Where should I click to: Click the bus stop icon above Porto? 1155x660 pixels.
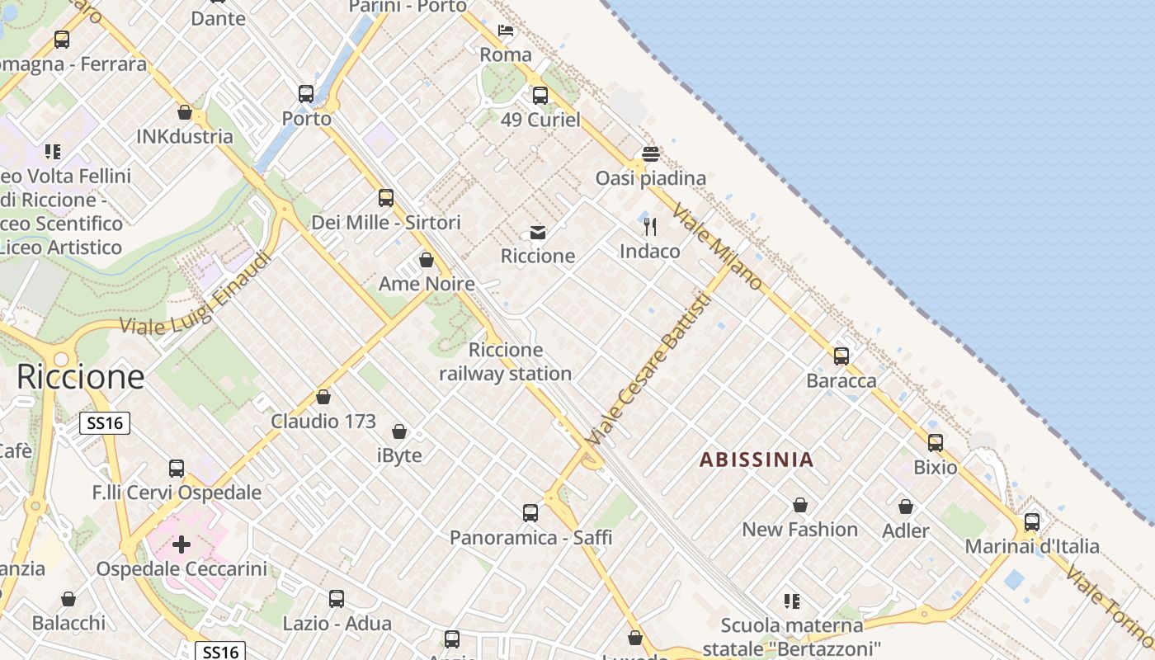click(306, 94)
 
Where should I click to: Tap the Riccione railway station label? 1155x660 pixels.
click(505, 361)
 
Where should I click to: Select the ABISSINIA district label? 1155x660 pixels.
click(757, 460)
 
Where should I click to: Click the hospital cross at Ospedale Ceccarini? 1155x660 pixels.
click(181, 544)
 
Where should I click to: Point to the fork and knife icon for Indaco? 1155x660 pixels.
click(650, 226)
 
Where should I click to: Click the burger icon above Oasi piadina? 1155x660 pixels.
click(651, 154)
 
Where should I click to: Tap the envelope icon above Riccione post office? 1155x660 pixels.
click(538, 233)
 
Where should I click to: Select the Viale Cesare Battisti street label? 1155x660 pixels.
click(648, 370)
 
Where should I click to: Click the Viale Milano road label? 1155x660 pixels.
click(718, 246)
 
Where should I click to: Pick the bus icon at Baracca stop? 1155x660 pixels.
click(841, 356)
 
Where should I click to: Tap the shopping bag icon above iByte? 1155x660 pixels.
click(399, 431)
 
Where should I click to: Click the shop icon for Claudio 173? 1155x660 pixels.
click(323, 397)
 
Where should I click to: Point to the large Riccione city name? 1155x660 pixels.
click(81, 377)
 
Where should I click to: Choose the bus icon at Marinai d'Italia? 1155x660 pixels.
click(1032, 522)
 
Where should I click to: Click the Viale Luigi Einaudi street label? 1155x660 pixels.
click(196, 295)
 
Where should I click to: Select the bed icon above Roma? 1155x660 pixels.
click(506, 31)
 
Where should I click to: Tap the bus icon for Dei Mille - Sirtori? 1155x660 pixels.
click(386, 198)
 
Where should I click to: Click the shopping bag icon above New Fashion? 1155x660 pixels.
click(800, 505)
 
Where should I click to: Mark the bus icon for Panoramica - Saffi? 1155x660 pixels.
click(530, 513)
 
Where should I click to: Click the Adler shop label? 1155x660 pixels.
click(906, 530)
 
